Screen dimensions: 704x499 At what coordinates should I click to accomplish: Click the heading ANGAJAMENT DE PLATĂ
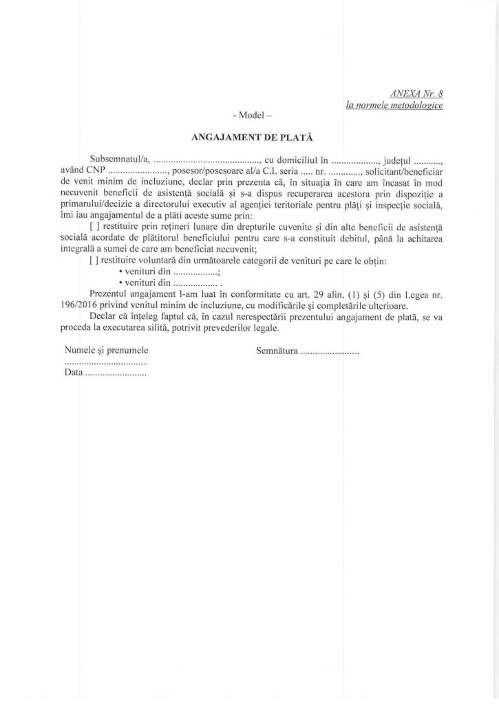[x=249, y=138]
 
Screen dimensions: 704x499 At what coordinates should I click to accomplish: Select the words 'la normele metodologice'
[x=394, y=104]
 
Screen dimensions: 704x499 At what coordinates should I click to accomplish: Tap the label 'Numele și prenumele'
[x=106, y=351]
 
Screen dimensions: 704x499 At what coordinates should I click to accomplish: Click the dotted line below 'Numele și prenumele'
[x=106, y=363]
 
